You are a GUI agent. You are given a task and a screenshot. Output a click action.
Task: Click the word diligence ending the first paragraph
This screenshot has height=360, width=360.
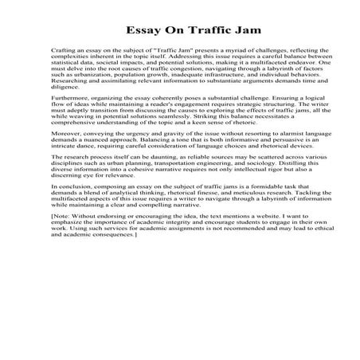coord(64,88)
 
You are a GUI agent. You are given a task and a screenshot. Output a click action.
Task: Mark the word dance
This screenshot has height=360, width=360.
coord(84,147)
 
